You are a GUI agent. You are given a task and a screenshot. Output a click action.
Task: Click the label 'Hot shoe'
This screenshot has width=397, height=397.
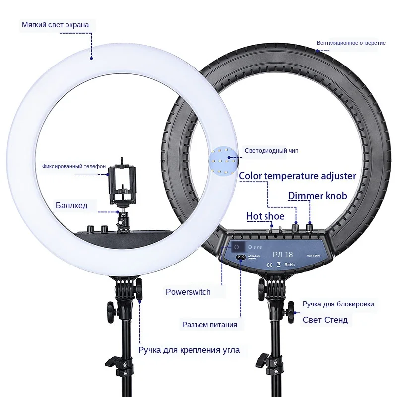265,216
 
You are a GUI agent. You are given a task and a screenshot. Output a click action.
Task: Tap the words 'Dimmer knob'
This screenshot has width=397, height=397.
318,195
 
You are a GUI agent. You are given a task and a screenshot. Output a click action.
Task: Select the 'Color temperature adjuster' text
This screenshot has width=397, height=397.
297,175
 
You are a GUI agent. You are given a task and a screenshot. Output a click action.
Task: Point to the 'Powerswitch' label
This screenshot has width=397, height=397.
188,292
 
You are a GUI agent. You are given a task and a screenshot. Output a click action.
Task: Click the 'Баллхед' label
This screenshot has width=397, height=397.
71,205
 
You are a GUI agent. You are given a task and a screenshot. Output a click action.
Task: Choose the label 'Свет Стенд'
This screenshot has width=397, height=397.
325,320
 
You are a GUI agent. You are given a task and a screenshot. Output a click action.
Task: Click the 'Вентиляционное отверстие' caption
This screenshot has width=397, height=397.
351,43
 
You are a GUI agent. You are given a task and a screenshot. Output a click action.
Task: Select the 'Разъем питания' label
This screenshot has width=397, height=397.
209,325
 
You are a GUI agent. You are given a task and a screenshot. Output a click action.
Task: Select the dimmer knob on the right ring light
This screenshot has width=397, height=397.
311,227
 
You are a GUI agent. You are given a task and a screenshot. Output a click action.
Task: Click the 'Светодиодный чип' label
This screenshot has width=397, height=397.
271,151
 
